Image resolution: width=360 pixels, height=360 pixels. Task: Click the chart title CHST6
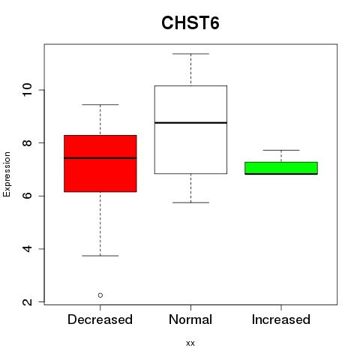click(190, 22)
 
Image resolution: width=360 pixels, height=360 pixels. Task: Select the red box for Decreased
click(100, 163)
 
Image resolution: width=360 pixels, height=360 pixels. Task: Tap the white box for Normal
click(190, 130)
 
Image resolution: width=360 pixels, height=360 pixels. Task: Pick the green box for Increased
click(281, 168)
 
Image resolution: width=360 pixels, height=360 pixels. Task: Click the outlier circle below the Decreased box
click(100, 295)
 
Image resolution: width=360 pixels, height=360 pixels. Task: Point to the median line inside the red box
click(100, 158)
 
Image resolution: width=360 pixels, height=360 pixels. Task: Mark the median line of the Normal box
click(190, 123)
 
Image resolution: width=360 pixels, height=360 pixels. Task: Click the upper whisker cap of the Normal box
click(190, 54)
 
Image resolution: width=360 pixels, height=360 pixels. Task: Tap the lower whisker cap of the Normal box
click(190, 202)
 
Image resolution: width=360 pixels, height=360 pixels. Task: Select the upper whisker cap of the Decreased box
click(100, 104)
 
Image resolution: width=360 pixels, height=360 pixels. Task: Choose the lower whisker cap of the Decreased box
click(100, 256)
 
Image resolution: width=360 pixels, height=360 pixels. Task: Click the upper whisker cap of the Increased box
click(281, 150)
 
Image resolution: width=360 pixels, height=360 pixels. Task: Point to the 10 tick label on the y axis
click(27, 90)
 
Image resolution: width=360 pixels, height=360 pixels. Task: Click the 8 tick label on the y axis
click(27, 142)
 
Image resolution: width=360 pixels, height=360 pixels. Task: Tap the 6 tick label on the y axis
click(27, 196)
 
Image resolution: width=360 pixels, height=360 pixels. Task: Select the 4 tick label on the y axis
click(27, 249)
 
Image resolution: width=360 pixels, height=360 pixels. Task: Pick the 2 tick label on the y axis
click(27, 301)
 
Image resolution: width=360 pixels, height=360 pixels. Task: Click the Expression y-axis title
click(7, 174)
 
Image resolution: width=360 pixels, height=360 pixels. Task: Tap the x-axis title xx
click(190, 343)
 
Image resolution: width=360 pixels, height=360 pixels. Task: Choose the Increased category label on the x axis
click(281, 319)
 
